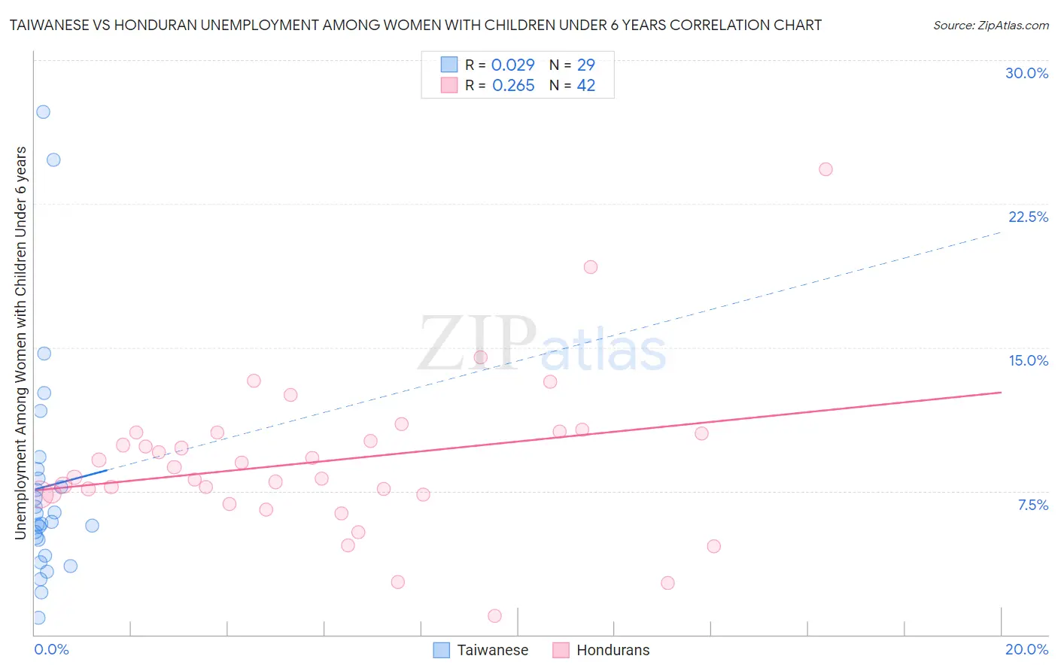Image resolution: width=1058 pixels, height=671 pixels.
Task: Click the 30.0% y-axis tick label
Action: click(1026, 73)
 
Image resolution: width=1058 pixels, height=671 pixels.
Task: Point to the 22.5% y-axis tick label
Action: click(1028, 217)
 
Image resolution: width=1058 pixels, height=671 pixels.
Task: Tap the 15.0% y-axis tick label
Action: click(1028, 360)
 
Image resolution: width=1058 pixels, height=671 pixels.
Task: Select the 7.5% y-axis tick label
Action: click(1032, 505)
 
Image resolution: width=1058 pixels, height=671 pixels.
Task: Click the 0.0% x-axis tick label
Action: click(51, 649)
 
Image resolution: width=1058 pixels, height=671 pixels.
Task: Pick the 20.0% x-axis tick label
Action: click(1026, 649)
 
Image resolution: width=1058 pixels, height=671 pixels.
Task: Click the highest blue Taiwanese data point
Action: click(43, 111)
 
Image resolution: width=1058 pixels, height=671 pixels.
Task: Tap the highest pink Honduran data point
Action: click(825, 169)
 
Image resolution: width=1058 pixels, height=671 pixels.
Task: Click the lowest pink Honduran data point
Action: click(494, 616)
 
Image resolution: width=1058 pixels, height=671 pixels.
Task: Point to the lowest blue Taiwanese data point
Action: click(38, 618)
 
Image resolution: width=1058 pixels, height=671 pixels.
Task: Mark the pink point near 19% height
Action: click(591, 267)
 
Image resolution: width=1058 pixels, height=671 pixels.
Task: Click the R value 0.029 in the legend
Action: click(512, 65)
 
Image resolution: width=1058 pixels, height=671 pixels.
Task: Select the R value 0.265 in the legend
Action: click(513, 86)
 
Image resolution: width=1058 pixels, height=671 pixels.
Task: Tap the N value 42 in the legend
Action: click(586, 86)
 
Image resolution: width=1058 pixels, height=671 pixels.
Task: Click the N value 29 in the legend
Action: click(586, 65)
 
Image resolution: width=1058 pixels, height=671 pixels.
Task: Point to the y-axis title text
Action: click(21, 343)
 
